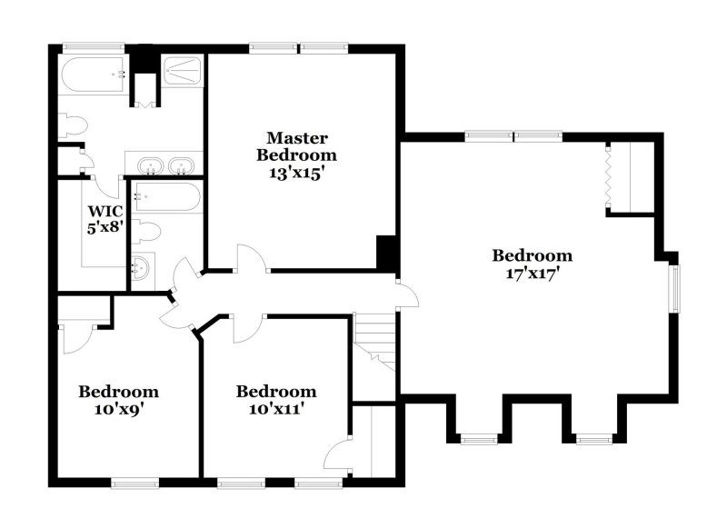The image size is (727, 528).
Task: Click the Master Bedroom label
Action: [x=296, y=146]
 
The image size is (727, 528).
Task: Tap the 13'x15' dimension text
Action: [x=296, y=173]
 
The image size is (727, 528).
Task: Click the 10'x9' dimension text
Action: [x=118, y=409]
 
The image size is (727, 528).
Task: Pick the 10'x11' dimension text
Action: [x=276, y=409]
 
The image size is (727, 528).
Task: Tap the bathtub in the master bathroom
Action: [x=93, y=73]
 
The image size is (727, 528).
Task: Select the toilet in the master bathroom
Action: [x=72, y=125]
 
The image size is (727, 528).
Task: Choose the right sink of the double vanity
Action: [x=183, y=166]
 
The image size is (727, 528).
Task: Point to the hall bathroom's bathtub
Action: [x=166, y=197]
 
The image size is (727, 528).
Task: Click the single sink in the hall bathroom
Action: [x=141, y=268]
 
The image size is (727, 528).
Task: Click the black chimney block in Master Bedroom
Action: [x=386, y=252]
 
